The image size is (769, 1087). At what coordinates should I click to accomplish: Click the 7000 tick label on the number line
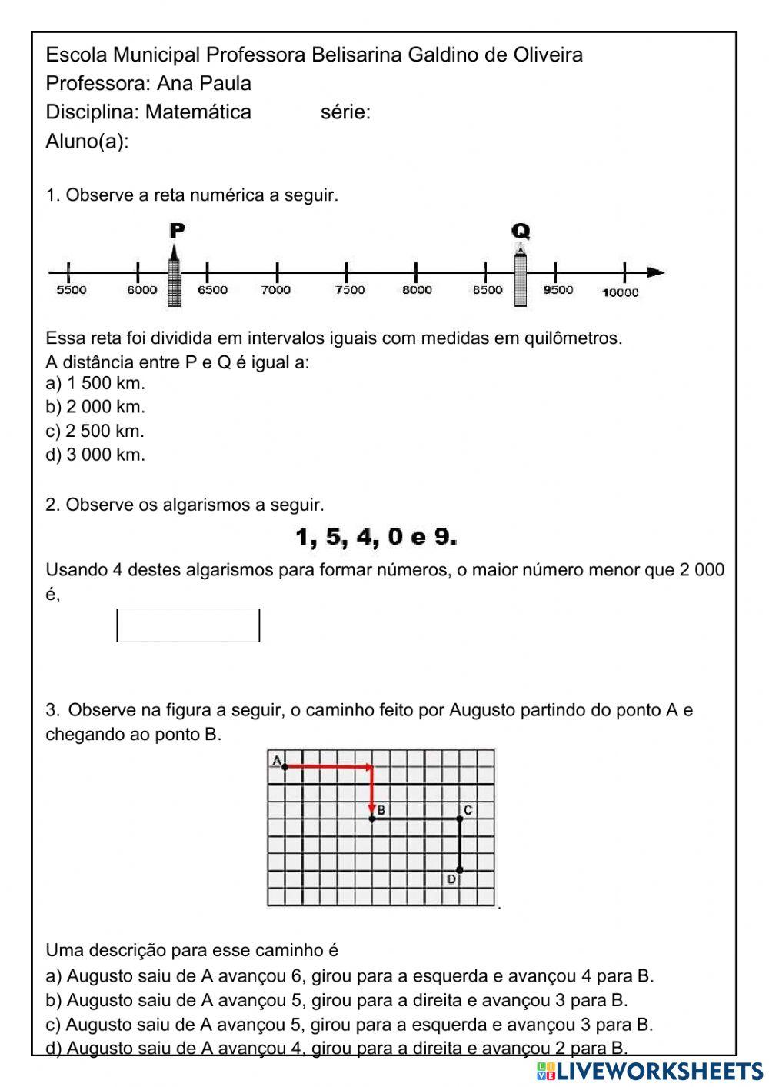(x=276, y=290)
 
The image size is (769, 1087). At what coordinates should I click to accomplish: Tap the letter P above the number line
(x=177, y=230)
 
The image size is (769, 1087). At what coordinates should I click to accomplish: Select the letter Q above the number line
(x=521, y=231)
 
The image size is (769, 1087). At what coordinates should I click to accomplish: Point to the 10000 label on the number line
(x=620, y=292)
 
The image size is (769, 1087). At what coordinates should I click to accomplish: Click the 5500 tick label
(x=72, y=290)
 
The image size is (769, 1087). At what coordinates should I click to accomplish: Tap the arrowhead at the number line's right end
(x=655, y=272)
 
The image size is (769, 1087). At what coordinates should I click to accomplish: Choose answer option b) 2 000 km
(x=95, y=407)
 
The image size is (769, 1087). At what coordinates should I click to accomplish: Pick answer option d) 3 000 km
(x=95, y=455)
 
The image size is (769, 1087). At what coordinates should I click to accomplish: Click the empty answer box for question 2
(x=188, y=625)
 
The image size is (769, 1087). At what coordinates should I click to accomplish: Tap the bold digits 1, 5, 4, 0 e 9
(x=376, y=537)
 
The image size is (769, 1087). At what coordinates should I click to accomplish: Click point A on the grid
(x=285, y=766)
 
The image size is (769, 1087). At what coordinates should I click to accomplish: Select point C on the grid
(x=461, y=819)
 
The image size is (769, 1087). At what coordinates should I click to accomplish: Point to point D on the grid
(x=460, y=871)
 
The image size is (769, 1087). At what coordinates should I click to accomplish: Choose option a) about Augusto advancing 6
(x=350, y=976)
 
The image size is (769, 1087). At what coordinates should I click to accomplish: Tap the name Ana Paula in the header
(x=204, y=83)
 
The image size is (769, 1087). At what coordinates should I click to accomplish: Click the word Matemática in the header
(x=198, y=112)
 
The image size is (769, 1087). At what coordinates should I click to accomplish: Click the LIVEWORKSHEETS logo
(x=650, y=1071)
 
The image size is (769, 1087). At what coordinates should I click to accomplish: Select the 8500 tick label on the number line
(x=488, y=290)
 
